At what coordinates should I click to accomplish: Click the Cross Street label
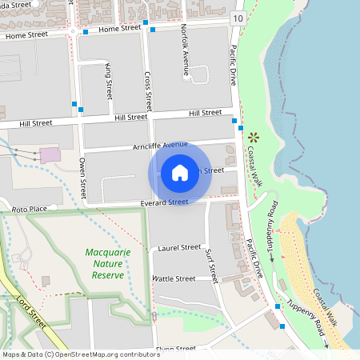[148, 90]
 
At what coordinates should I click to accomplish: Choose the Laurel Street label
[180, 248]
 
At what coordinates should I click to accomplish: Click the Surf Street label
[212, 266]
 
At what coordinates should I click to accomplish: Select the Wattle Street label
[174, 279]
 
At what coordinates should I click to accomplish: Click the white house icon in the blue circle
[180, 172]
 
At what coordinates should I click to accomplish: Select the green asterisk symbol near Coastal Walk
[254, 137]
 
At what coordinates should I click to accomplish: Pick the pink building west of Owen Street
[50, 154]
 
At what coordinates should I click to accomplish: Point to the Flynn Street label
[176, 349]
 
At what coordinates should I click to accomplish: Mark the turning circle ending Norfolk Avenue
[186, 78]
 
